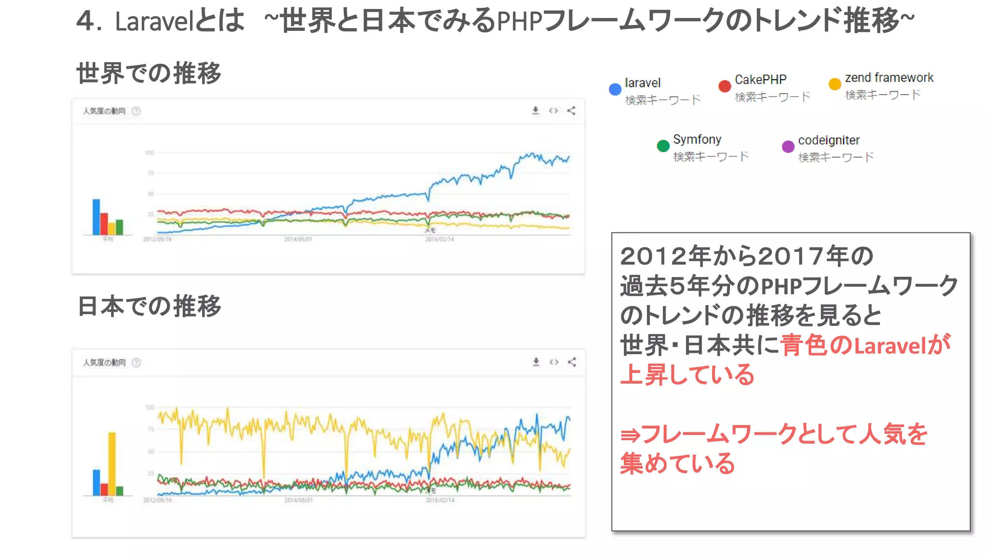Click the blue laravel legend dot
(x=615, y=89)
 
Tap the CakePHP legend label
(x=760, y=80)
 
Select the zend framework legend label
(x=889, y=78)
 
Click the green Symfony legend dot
(x=663, y=146)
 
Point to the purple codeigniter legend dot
(x=788, y=146)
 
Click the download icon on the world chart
(x=535, y=111)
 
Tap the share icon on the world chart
(x=571, y=111)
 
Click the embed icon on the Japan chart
(x=554, y=362)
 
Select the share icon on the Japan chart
(x=572, y=362)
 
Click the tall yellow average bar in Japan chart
(x=112, y=463)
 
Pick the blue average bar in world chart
(x=96, y=217)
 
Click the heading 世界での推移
(x=149, y=73)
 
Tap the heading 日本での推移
(x=149, y=306)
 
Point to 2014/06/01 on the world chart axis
(x=298, y=239)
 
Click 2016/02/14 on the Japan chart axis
(x=440, y=500)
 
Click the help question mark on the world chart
(x=136, y=111)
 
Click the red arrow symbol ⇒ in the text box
(x=630, y=435)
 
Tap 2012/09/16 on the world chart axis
(x=157, y=239)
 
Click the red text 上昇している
(x=687, y=375)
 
